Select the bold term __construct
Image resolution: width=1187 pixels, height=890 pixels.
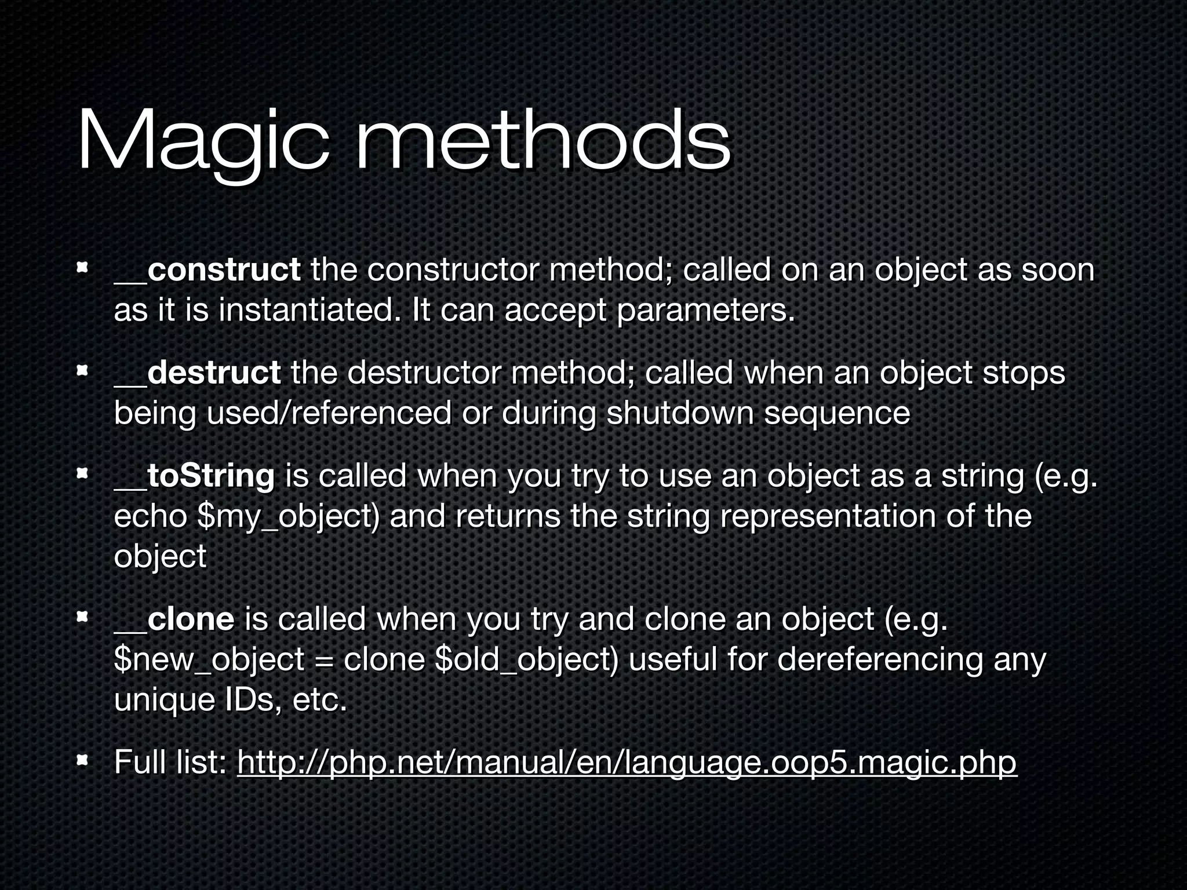pos(207,270)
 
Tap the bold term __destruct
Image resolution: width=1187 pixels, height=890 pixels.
pos(198,373)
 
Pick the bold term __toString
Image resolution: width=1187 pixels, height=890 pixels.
pos(194,476)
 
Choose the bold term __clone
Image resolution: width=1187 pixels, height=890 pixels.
pos(174,619)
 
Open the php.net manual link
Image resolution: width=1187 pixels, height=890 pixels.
pos(627,762)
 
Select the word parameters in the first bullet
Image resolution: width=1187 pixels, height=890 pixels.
pos(705,312)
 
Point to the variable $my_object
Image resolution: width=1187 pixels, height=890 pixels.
pos(289,517)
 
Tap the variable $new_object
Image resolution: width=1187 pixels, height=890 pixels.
pos(209,660)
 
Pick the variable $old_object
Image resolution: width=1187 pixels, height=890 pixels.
pos(527,660)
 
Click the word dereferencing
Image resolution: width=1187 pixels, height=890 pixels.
pos(880,660)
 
